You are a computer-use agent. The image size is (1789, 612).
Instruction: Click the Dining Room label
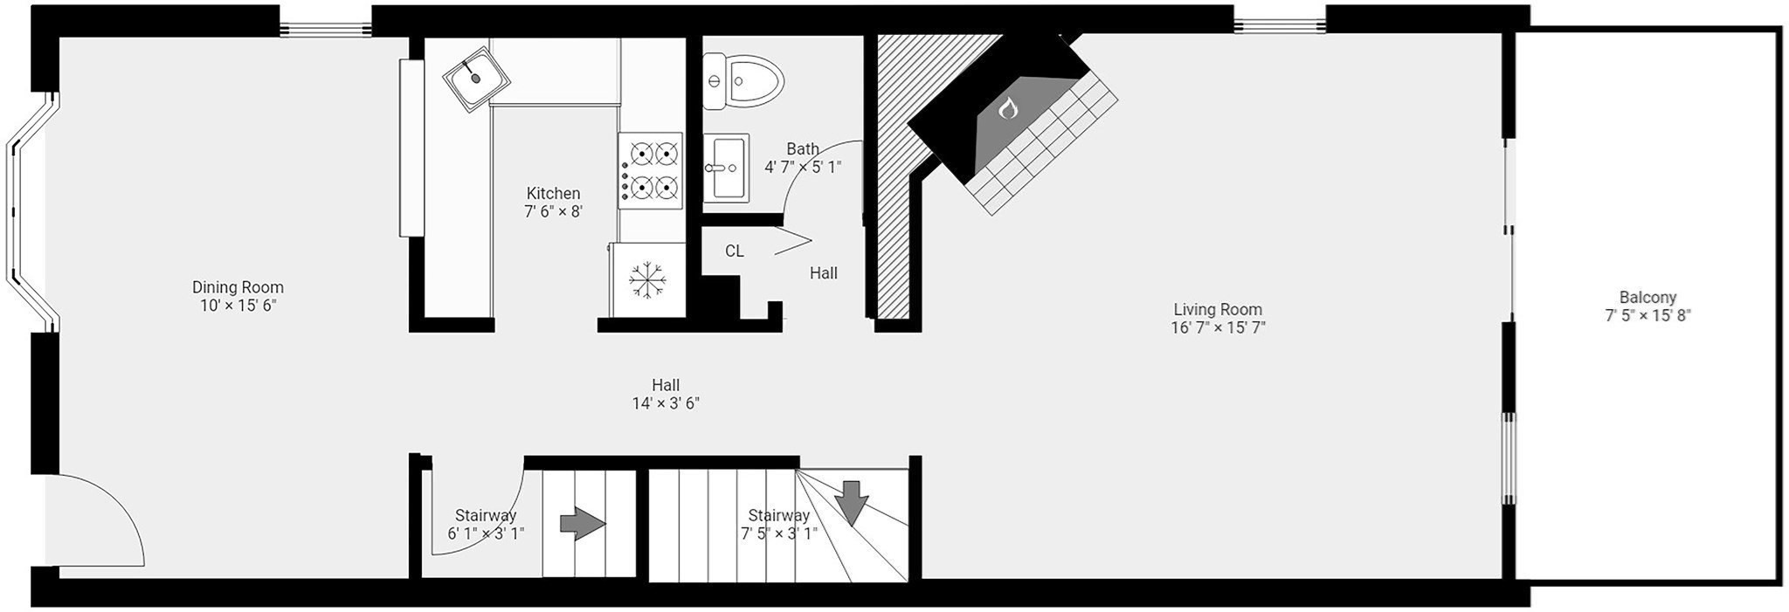coord(238,287)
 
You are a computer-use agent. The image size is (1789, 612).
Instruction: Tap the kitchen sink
coord(476,77)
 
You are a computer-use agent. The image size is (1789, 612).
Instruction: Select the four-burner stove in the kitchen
coord(650,170)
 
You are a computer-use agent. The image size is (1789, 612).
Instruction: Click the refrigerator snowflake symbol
coord(648,280)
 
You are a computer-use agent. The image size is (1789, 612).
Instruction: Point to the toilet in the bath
coord(743,81)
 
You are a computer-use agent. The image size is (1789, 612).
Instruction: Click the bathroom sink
coord(726,168)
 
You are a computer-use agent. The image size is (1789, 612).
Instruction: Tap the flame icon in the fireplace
coord(1008,108)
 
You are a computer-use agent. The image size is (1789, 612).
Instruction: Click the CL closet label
coord(735,251)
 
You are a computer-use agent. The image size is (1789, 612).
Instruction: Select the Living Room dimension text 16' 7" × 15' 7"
coord(1218,328)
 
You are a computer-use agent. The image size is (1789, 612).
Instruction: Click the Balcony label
coord(1647,298)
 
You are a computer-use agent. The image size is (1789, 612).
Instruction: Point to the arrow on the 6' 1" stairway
coord(582,524)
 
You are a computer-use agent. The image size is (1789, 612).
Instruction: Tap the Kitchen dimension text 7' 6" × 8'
coord(553,211)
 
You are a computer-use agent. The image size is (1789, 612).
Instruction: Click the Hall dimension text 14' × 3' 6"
coord(666,403)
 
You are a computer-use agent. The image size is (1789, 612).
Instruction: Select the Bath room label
coord(803,149)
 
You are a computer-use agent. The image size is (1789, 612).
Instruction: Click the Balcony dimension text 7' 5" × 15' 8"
coord(1647,316)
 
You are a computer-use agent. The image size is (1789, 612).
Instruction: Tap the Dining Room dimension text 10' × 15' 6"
coord(238,306)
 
